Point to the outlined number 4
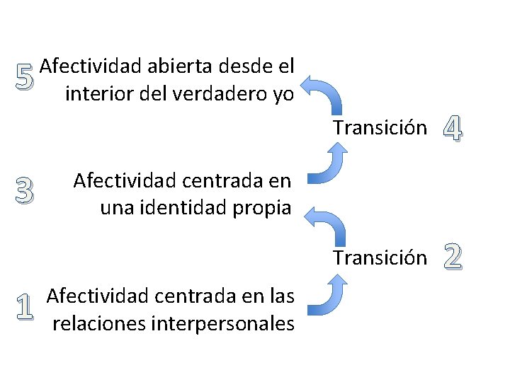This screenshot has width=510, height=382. (x=453, y=127)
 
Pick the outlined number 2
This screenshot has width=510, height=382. (x=453, y=257)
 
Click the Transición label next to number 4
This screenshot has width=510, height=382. (x=380, y=128)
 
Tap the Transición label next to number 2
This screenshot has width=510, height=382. (x=380, y=257)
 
